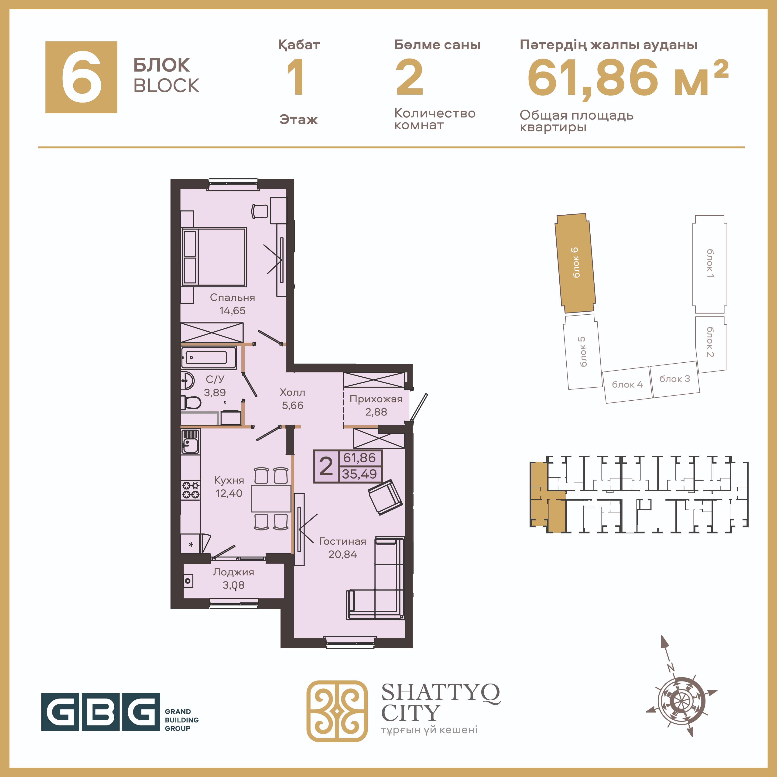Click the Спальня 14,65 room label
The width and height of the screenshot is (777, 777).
(233, 304)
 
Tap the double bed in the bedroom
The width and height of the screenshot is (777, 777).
(214, 257)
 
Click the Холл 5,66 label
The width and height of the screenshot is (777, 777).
(292, 399)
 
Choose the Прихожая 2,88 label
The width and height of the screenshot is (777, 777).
(376, 406)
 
